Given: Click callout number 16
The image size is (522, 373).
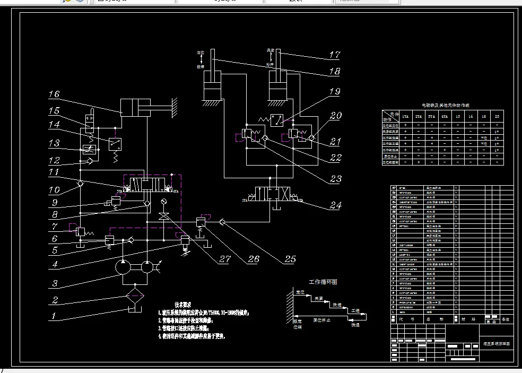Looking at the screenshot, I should click(x=54, y=94).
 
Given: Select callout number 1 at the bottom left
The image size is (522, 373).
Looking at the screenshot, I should click(x=53, y=317).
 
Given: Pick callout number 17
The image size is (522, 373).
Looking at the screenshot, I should click(x=334, y=55).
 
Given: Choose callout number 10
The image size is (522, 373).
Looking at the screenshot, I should click(x=54, y=189).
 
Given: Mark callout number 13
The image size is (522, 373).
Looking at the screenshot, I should click(x=54, y=143).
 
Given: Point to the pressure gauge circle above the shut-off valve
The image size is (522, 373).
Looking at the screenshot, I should click(x=163, y=201).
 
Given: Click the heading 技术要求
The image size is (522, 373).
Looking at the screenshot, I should click(x=182, y=305).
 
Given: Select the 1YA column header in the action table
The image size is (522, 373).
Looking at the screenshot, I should click(x=405, y=116).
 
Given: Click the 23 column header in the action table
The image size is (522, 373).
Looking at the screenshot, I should click(x=497, y=116).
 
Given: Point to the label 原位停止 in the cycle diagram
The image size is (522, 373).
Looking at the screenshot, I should click(x=323, y=320).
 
